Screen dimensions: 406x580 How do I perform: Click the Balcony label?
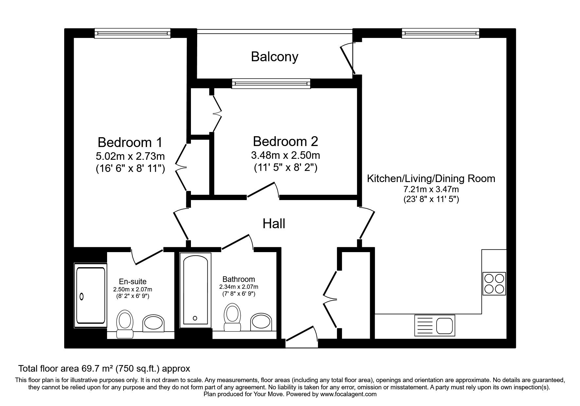click(x=274, y=57)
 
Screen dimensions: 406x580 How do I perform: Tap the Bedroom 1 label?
click(x=130, y=142)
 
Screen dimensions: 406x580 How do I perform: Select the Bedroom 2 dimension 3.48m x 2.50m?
click(x=285, y=155)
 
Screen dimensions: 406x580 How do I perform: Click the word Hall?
click(x=274, y=224)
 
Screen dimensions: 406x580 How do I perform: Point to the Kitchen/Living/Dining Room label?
click(x=431, y=178)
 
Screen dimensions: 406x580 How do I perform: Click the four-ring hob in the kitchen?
click(x=494, y=284)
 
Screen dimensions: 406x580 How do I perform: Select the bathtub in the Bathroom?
click(x=195, y=289)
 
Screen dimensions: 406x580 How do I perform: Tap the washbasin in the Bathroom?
click(x=261, y=323)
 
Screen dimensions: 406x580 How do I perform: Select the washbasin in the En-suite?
click(x=153, y=323)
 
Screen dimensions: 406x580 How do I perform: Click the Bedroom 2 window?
click(x=271, y=83)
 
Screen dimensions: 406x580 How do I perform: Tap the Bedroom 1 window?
click(x=133, y=33)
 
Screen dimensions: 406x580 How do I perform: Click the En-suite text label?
click(x=132, y=281)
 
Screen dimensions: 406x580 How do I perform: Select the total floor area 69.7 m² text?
click(x=104, y=369)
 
